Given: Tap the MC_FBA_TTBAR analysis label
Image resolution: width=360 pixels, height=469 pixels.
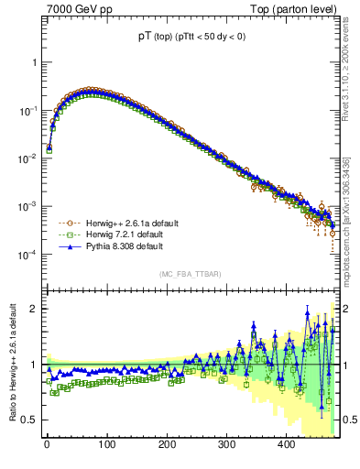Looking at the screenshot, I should (190, 274).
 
